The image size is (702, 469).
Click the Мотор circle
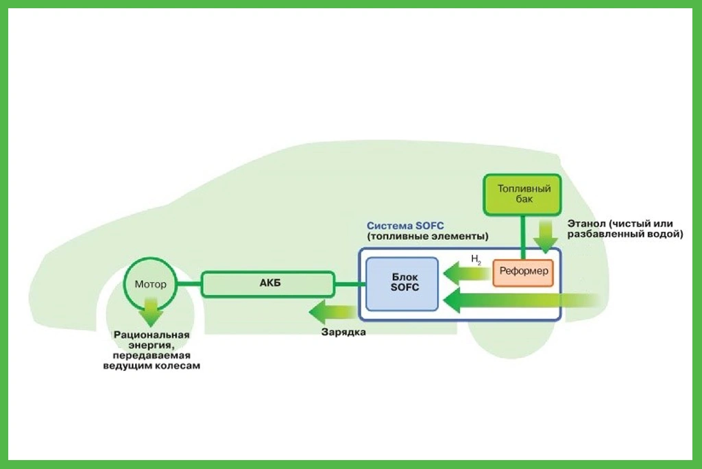[150, 284]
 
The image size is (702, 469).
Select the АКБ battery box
[267, 284]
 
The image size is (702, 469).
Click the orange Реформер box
[522, 272]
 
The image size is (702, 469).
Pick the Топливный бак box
[524, 193]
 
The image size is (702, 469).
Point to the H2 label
[476, 259]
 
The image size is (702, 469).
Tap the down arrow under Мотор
[150, 314]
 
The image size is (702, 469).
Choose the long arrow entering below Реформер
[521, 300]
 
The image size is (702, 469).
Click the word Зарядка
[343, 333]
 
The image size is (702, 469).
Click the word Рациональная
[151, 335]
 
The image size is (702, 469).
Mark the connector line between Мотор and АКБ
[189, 284]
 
